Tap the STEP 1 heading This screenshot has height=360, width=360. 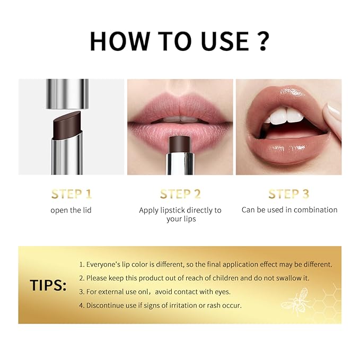(x=71, y=194)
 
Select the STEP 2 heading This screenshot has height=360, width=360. (x=180, y=194)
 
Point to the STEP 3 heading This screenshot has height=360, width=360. (x=289, y=194)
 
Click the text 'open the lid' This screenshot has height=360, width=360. (x=71, y=210)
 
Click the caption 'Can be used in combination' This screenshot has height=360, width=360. (x=289, y=210)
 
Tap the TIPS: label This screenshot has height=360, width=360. (x=48, y=285)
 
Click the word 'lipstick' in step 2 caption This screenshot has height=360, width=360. (x=175, y=210)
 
